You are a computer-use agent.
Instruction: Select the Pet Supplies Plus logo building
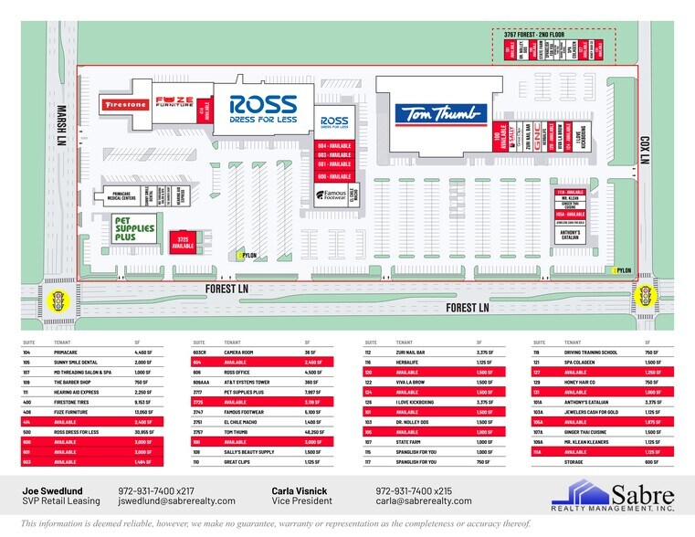click(133, 226)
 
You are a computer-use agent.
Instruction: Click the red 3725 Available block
click(184, 242)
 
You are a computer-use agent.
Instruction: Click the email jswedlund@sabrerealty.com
click(176, 500)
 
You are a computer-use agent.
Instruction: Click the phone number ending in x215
click(414, 490)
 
